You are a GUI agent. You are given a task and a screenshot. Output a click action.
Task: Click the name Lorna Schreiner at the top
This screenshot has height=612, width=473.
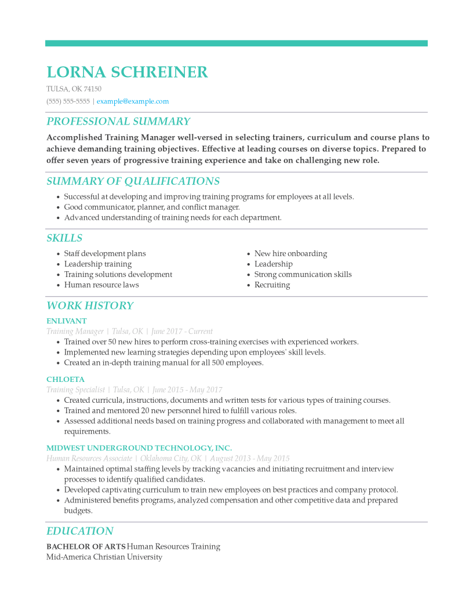tap(127, 72)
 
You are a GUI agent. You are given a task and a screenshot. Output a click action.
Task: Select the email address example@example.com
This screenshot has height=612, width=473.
tap(133, 101)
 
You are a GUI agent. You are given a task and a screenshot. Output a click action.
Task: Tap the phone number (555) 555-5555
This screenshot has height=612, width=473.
tap(68, 101)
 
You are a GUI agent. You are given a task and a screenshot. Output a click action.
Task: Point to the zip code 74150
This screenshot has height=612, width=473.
tap(93, 89)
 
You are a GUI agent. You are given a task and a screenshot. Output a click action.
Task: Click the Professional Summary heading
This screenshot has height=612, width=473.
tap(118, 122)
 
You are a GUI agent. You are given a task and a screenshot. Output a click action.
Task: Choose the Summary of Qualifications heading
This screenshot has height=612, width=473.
tap(133, 181)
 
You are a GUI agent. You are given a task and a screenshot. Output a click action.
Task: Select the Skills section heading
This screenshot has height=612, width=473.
tap(64, 238)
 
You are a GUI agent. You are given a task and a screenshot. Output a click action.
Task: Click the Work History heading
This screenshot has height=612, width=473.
tap(90, 306)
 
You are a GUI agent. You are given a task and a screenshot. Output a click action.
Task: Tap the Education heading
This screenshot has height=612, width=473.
tap(80, 531)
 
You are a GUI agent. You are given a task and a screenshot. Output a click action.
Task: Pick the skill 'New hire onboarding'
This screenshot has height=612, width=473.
tap(290, 254)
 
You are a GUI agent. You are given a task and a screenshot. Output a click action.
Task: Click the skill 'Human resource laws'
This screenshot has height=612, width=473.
tap(101, 285)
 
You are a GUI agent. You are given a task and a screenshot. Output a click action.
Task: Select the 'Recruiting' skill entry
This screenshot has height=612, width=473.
tap(272, 285)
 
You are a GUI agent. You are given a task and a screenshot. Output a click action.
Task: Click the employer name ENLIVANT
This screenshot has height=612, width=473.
tap(67, 321)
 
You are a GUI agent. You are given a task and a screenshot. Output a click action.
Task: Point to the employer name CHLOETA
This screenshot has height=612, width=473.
tap(66, 380)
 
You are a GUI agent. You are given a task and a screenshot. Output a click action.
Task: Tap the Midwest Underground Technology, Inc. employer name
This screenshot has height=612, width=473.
tap(139, 448)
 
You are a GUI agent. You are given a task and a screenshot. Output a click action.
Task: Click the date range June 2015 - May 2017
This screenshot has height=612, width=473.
tap(187, 390)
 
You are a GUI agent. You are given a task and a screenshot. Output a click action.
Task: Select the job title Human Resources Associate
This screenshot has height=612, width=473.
tap(89, 458)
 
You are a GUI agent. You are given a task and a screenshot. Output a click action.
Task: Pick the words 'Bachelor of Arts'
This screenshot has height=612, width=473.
tap(86, 547)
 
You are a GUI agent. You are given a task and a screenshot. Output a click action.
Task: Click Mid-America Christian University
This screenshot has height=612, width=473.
tap(104, 557)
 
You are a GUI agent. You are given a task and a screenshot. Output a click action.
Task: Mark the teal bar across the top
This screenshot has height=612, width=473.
tap(237, 43)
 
